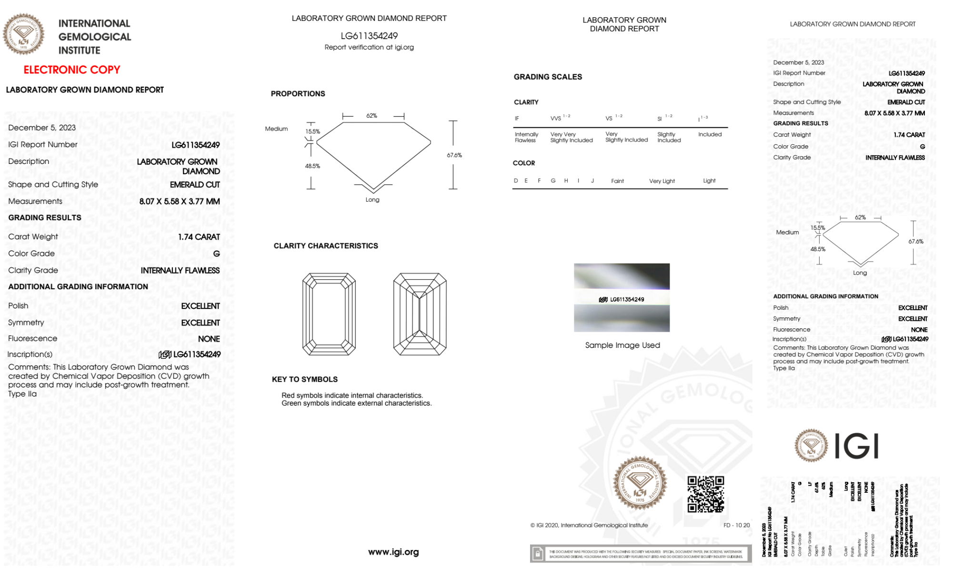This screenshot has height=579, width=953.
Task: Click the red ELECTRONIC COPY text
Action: (x=72, y=70)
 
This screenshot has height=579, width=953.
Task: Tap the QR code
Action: (x=705, y=494)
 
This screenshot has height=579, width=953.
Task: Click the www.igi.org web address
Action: (x=393, y=552)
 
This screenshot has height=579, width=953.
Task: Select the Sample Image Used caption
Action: (x=622, y=345)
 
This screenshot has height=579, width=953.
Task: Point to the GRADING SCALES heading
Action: (x=548, y=77)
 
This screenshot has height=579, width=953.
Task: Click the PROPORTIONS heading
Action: (x=298, y=93)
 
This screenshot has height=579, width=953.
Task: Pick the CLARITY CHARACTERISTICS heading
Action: (x=326, y=245)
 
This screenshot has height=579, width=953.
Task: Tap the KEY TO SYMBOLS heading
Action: (x=305, y=379)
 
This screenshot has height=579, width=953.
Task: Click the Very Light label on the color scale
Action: (x=662, y=181)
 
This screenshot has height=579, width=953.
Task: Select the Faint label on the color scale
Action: (x=617, y=181)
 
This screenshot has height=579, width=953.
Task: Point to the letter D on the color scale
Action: (x=516, y=181)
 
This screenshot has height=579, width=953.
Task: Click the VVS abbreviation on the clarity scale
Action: (x=556, y=118)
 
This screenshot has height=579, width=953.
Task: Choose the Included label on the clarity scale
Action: (x=710, y=134)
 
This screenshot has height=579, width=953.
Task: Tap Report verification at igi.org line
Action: (x=369, y=47)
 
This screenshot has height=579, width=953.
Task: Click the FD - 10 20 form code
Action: (x=736, y=525)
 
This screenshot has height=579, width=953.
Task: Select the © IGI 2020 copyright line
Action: (x=589, y=525)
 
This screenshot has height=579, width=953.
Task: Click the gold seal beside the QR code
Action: (x=640, y=484)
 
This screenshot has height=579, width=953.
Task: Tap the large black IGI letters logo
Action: (x=857, y=446)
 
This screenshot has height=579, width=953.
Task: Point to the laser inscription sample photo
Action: (x=622, y=297)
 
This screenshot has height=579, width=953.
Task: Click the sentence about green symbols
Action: (x=356, y=403)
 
